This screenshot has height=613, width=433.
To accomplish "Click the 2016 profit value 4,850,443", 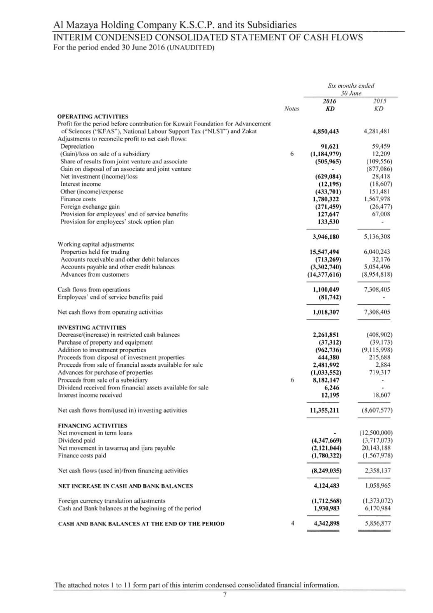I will click(325, 131).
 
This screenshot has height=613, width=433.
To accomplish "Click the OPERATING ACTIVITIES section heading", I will click(92, 116).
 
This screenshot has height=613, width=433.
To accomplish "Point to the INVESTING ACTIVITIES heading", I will click(92, 327).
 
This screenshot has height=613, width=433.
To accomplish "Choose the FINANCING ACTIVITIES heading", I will click(92, 425).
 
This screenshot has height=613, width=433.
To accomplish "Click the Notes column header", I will click(291, 108).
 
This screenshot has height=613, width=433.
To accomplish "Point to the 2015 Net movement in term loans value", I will click(377, 433).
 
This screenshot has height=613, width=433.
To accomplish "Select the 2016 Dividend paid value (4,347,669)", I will click(326, 440).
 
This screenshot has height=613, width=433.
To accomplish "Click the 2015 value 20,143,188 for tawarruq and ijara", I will click(376, 448).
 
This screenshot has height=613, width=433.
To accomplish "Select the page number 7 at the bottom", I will click(224, 594).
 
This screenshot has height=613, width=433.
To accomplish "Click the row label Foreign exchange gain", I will click(90, 207).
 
